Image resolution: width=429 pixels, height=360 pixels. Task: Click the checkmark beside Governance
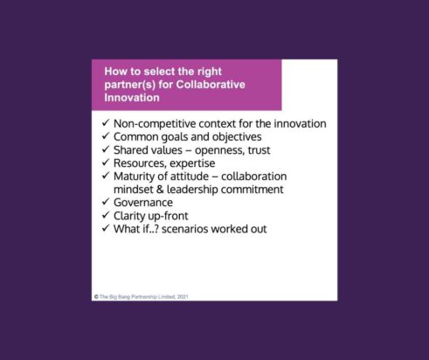pyautogui.click(x=106, y=202)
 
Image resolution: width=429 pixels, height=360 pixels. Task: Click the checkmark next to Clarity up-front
pyautogui.click(x=106, y=216)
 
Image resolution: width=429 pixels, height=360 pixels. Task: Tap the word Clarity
pyautogui.click(x=133, y=216)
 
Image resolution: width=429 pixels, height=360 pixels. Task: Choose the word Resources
pyautogui.click(x=144, y=163)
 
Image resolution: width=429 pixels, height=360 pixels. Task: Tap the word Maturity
pyautogui.click(x=138, y=176)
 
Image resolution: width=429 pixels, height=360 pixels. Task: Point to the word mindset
pyautogui.click(x=139, y=189)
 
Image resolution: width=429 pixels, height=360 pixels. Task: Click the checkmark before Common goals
pyautogui.click(x=106, y=136)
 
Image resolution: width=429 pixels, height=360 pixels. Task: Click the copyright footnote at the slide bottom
pyautogui.click(x=141, y=296)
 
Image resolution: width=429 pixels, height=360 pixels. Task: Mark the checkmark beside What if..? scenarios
pyautogui.click(x=106, y=229)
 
